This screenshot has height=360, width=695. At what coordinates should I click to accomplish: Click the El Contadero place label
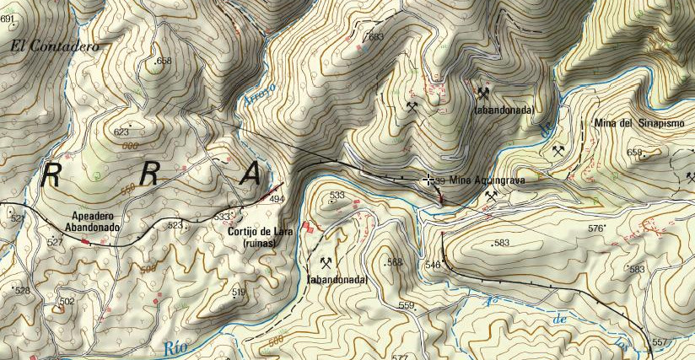click(55, 47)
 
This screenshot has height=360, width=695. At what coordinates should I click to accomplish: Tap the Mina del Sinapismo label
click(639, 123)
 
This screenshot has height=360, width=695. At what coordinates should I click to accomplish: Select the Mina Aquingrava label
click(487, 180)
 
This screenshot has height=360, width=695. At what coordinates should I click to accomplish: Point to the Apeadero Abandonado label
click(94, 221)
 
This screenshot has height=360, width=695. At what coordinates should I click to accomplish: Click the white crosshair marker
click(429, 180)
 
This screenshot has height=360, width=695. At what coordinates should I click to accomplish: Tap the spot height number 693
click(375, 36)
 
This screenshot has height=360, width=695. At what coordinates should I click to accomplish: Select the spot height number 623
click(121, 132)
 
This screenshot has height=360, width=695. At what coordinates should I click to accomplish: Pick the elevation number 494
click(277, 200)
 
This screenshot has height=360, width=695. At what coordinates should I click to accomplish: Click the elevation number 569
click(395, 262)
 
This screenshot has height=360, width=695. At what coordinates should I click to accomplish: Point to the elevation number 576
click(596, 228)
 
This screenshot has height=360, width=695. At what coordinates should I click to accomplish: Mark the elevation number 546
click(433, 265)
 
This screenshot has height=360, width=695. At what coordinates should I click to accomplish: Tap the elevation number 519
click(239, 292)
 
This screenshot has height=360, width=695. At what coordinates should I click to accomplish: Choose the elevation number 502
click(67, 301)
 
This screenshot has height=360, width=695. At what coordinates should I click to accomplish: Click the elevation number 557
click(660, 342)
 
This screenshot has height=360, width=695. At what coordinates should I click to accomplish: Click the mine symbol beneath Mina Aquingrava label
click(491, 196)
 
